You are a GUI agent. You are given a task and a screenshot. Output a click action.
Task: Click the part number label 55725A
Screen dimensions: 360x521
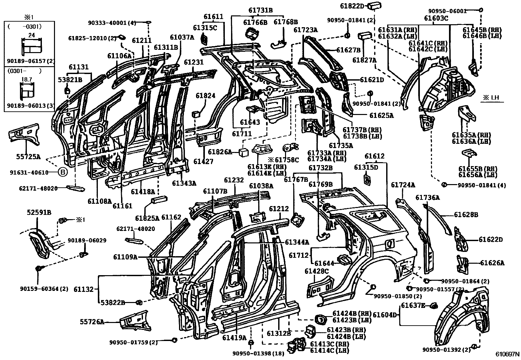[x=28, y=157]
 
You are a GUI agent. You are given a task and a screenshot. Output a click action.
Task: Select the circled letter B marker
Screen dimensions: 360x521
[x=63, y=172]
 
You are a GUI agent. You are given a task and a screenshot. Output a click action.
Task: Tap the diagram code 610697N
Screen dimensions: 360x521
[x=507, y=354]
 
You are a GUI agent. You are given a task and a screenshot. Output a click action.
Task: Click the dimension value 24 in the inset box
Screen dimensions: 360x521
[x=31, y=35]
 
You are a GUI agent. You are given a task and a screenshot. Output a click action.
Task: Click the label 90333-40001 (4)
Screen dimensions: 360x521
[x=112, y=23]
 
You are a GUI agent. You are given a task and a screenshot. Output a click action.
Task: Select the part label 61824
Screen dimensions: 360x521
[x=206, y=96]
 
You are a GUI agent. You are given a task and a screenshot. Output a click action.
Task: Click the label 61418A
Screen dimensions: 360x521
[x=143, y=191]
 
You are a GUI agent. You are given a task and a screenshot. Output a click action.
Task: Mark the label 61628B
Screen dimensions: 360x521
[x=466, y=215]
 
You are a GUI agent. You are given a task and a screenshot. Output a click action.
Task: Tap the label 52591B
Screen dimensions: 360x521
[x=39, y=212]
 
